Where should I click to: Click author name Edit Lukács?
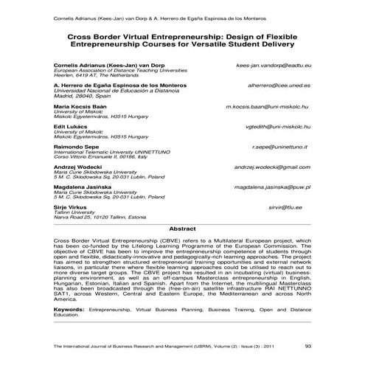click(x=71, y=127)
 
